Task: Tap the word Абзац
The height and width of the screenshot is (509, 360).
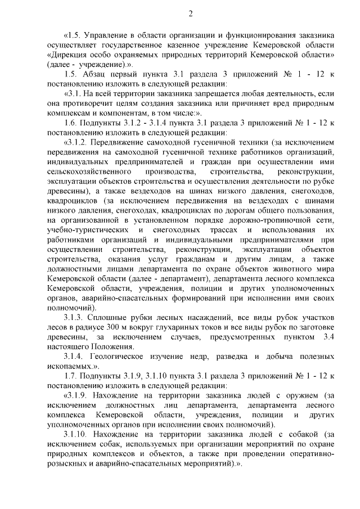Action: (x=94, y=74)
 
